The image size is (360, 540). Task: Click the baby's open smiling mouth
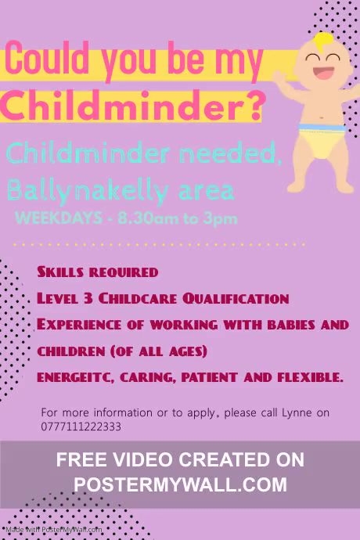click(322, 76)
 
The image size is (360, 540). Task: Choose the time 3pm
click(221, 218)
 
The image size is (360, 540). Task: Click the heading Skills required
click(97, 272)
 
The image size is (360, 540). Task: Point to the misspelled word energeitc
click(75, 377)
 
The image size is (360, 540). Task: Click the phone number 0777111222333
click(81, 427)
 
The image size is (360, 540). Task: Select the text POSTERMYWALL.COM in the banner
click(180, 484)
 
